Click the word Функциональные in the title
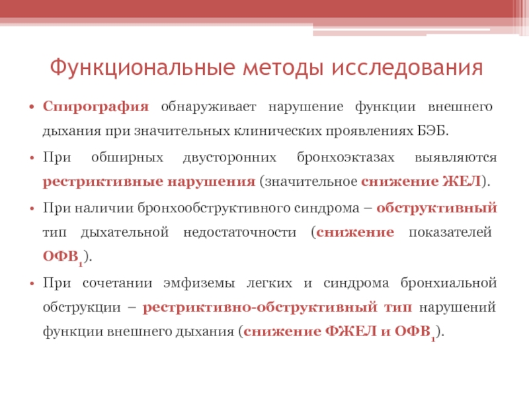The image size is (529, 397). pyautogui.click(x=142, y=67)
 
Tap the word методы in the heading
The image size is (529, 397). pyautogui.click(x=283, y=67)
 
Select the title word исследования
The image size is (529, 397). pyautogui.click(x=407, y=67)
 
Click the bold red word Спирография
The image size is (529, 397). pyautogui.click(x=96, y=107)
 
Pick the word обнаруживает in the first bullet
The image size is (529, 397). pyautogui.click(x=208, y=107)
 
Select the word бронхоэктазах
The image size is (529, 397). pyautogui.click(x=345, y=157)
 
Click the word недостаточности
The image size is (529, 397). pyautogui.click(x=239, y=232)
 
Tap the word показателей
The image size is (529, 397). pyautogui.click(x=450, y=232)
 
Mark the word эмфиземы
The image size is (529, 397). pyautogui.click(x=199, y=283)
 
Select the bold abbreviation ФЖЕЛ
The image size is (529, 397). pyautogui.click(x=351, y=331)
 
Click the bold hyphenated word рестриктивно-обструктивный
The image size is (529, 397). pyautogui.click(x=260, y=308)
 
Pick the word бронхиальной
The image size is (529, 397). pyautogui.click(x=449, y=283)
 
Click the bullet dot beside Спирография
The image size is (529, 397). pyautogui.click(x=32, y=107)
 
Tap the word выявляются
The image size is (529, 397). pyautogui.click(x=456, y=157)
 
